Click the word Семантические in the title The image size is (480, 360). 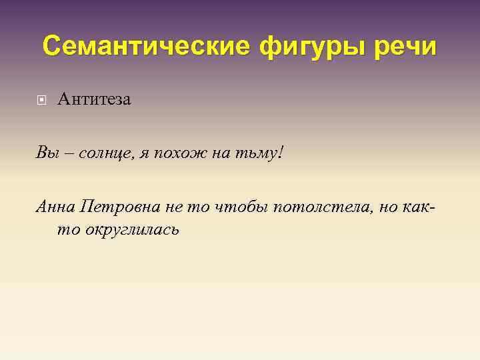(x=143, y=47)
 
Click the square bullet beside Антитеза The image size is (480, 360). (x=42, y=101)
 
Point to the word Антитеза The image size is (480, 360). (x=94, y=100)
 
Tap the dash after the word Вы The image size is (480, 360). (x=68, y=155)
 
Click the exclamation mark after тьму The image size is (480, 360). (x=281, y=153)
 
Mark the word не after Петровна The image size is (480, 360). (x=173, y=207)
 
